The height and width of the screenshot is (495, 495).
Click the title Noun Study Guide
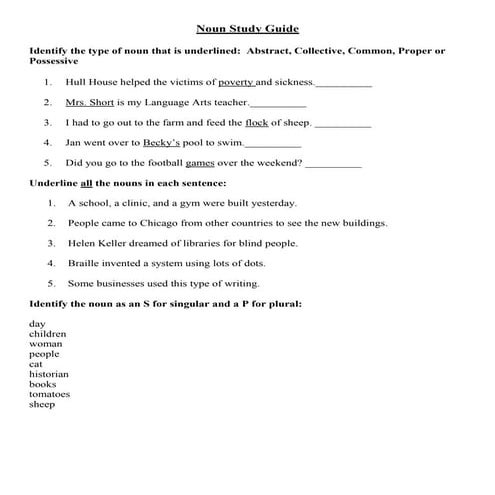(x=247, y=29)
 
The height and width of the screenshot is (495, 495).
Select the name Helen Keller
(x=96, y=243)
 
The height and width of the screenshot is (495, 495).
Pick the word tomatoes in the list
(x=49, y=394)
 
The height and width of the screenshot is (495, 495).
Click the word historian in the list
(x=49, y=374)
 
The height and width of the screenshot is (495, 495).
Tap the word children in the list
(x=47, y=334)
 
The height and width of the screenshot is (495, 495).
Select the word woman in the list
(x=45, y=344)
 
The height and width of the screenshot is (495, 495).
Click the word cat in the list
(x=35, y=364)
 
